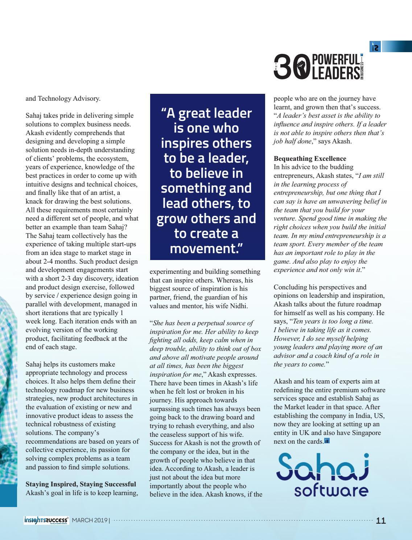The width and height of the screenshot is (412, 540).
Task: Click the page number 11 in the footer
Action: tap(381, 521)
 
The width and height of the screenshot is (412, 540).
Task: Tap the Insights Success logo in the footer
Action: tap(46, 520)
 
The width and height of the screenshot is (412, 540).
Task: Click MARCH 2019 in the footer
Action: tap(90, 521)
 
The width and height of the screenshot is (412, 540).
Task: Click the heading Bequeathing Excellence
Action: tap(310, 159)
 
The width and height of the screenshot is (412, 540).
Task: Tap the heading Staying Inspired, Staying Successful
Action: tap(81, 484)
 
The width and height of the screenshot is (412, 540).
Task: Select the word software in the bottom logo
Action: tap(331, 491)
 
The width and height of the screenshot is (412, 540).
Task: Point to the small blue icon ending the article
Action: tap(327, 441)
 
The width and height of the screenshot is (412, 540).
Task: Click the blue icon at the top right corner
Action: tap(375, 47)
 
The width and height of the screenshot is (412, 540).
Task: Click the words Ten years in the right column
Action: tap(307, 321)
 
